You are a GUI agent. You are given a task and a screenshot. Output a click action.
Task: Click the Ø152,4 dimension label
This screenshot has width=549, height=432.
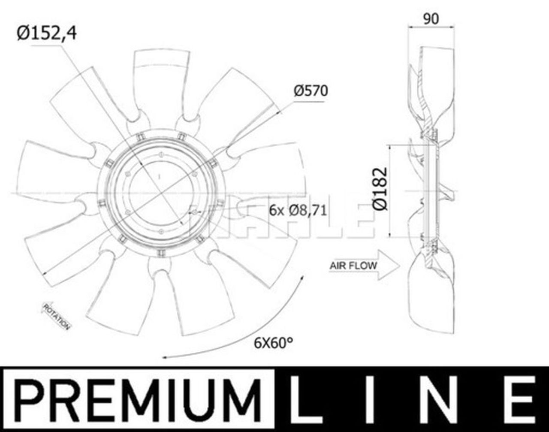[47, 33]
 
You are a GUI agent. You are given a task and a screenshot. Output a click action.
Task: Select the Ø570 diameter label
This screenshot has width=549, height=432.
[311, 91]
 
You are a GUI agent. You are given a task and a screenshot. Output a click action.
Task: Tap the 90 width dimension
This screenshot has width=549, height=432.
[431, 19]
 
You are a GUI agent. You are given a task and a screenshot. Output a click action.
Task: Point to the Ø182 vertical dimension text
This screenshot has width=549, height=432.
[380, 189]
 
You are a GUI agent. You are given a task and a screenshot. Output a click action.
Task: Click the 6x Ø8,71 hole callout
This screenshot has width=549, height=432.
[298, 211]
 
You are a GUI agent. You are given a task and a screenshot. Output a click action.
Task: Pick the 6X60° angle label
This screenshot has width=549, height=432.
[273, 343]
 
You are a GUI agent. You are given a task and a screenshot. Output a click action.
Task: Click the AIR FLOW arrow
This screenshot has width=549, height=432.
[364, 266]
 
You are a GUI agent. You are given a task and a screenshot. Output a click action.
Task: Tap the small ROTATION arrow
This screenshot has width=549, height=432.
[55, 316]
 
